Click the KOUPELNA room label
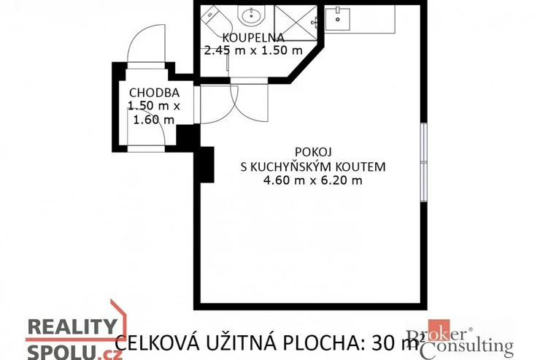(253, 37)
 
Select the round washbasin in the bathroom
(252, 15)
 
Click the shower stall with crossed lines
(296, 23)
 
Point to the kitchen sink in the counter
(337, 20)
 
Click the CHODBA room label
(154, 93)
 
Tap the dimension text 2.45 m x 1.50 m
(253, 50)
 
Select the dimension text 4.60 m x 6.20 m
(313, 180)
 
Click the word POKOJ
(313, 152)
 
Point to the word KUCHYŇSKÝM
(290, 166)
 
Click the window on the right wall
(424, 162)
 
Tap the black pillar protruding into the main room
(207, 164)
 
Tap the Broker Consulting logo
(460, 339)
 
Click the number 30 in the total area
(380, 342)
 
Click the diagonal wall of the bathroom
(306, 63)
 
